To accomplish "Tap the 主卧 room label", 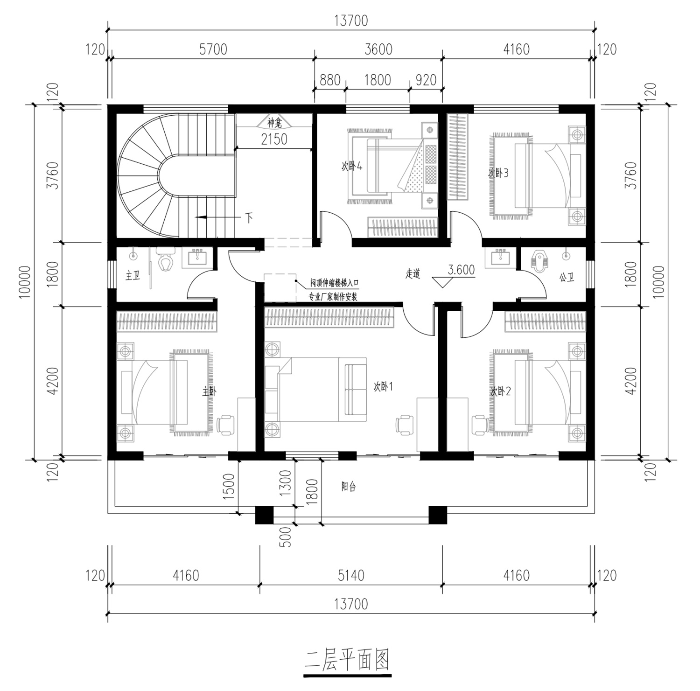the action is pyautogui.click(x=210, y=391).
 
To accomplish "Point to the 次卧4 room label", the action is pyautogui.click(x=352, y=166).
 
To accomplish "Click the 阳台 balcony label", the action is pyautogui.click(x=349, y=487).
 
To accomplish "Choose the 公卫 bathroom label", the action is pyautogui.click(x=567, y=277).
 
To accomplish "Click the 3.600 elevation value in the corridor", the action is pyautogui.click(x=461, y=270).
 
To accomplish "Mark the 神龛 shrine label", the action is pyautogui.click(x=274, y=123).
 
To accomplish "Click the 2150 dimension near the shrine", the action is pyautogui.click(x=274, y=139).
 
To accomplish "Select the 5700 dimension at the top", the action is pyautogui.click(x=213, y=49).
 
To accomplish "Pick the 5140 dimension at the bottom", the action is pyautogui.click(x=350, y=575).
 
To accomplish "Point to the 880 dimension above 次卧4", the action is pyautogui.click(x=330, y=80).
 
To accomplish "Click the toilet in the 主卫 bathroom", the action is pyautogui.click(x=165, y=260).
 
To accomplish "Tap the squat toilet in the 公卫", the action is pyautogui.click(x=540, y=262).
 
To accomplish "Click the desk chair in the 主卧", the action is pyautogui.click(x=227, y=424).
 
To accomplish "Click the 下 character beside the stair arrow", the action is pyautogui.click(x=249, y=217).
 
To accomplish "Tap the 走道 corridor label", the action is pyautogui.click(x=413, y=274).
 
